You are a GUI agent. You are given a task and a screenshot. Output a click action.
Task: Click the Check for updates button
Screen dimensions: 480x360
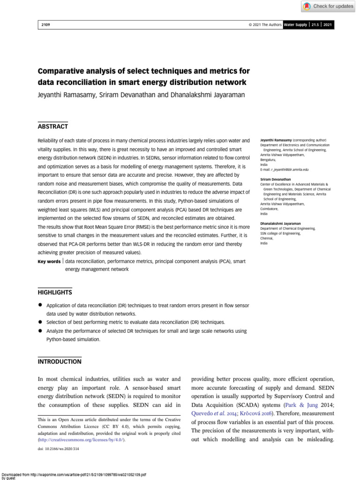tap(328, 6)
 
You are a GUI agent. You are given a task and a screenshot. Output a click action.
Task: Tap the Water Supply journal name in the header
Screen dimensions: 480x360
tap(296, 25)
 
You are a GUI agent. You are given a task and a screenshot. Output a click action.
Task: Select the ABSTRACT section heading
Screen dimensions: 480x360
tap(52, 127)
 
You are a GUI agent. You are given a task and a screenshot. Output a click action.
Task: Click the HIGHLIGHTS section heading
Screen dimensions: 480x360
tap(55, 292)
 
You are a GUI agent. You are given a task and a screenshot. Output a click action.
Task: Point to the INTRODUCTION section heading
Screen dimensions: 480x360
tap(60, 362)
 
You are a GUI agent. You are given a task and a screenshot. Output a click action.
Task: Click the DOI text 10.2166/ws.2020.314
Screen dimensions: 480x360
tap(58, 449)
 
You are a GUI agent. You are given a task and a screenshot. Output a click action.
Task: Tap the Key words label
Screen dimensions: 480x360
tap(49, 262)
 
